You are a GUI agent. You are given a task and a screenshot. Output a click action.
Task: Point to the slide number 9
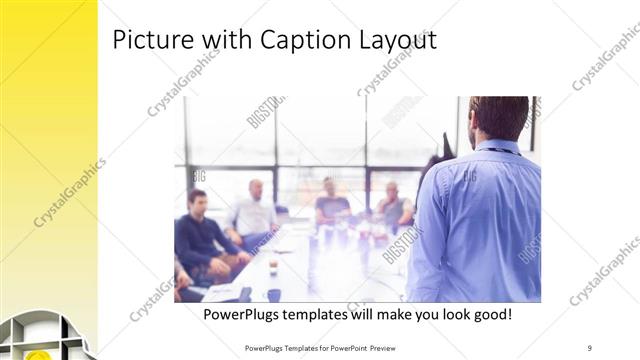pos(589,347)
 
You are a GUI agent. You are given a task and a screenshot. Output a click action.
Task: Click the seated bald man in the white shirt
pos(254,213)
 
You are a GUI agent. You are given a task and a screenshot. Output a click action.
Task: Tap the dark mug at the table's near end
pos(273,294)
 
